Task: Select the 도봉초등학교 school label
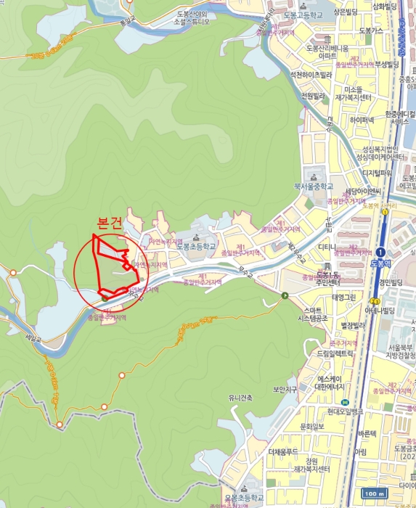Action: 196,246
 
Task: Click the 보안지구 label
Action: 286,389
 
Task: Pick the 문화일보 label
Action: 312,426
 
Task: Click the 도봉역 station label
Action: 380,262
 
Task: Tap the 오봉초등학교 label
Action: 240,497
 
